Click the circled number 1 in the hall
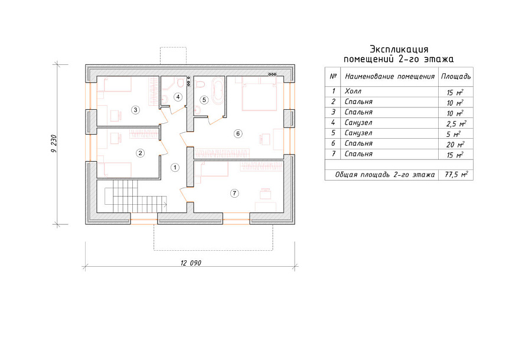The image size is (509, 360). pyautogui.click(x=175, y=168)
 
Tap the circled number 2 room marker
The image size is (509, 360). pyautogui.click(x=140, y=153)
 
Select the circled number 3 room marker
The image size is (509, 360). pyautogui.click(x=135, y=110)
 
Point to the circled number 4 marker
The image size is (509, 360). pyautogui.click(x=178, y=97)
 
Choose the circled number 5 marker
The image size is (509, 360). pyautogui.click(x=204, y=100)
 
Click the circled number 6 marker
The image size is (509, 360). pyautogui.click(x=238, y=133)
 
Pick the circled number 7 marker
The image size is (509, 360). pyautogui.click(x=234, y=194)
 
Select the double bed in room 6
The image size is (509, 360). pyautogui.click(x=259, y=93)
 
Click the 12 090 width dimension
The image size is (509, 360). pyautogui.click(x=191, y=263)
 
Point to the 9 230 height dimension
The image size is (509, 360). pyautogui.click(x=54, y=144)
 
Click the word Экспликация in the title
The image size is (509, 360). pyautogui.click(x=399, y=50)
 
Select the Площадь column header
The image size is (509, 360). pyautogui.click(x=455, y=77)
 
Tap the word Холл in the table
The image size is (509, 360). pyautogui.click(x=353, y=91)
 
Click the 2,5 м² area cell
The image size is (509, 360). pyautogui.click(x=456, y=123)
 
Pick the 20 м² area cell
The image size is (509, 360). pyautogui.click(x=455, y=145)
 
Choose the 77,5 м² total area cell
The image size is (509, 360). pyautogui.click(x=456, y=175)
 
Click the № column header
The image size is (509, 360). pyautogui.click(x=332, y=76)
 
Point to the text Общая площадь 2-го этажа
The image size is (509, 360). pyautogui.click(x=384, y=175)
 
